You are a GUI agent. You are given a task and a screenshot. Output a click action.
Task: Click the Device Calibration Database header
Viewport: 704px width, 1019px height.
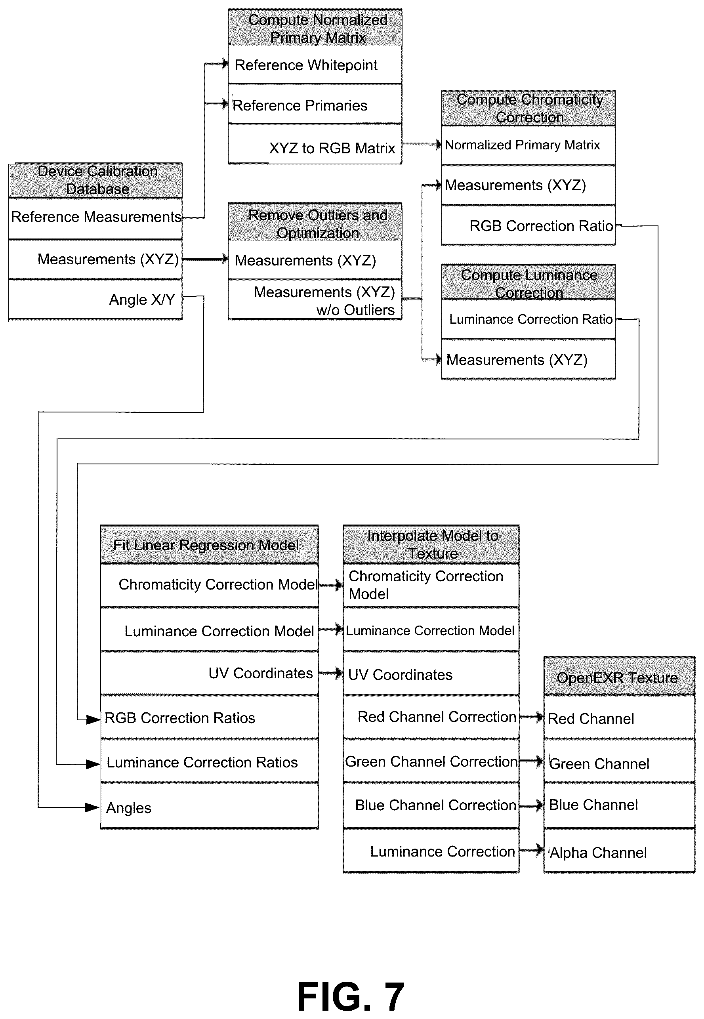click(95, 180)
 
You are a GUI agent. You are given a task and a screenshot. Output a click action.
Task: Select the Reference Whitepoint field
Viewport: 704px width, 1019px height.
click(315, 65)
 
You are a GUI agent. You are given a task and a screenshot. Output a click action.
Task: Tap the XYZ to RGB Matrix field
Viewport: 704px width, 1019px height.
click(315, 144)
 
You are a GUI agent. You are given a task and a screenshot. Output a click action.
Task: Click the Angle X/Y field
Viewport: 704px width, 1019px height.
click(95, 300)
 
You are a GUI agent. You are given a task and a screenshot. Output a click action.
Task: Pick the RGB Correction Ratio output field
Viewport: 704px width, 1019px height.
click(528, 225)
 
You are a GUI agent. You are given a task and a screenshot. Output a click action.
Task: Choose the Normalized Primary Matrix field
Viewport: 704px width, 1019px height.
click(528, 145)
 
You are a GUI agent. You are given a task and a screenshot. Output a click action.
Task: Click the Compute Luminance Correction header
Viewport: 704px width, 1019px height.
click(528, 282)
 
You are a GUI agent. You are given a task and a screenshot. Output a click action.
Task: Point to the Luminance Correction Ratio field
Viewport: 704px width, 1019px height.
click(528, 319)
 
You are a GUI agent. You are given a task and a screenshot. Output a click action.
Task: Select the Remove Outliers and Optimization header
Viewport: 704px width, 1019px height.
click(315, 222)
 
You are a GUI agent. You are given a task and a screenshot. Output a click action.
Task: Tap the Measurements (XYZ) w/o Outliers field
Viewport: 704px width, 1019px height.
click(315, 300)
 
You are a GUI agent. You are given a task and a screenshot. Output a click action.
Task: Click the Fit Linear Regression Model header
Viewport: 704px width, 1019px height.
click(210, 544)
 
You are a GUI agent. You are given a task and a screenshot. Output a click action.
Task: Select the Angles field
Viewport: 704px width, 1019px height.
click(210, 806)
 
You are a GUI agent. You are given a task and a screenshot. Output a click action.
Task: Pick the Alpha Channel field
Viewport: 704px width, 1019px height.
click(619, 851)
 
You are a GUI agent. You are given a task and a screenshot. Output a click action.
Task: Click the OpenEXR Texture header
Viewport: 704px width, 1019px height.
click(619, 676)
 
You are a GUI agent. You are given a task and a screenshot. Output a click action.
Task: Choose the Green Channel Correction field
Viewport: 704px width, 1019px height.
click(431, 761)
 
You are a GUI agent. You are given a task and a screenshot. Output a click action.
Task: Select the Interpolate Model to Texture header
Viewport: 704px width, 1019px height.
click(431, 544)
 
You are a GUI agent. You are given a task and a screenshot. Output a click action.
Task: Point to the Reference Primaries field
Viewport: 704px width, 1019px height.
click(315, 105)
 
